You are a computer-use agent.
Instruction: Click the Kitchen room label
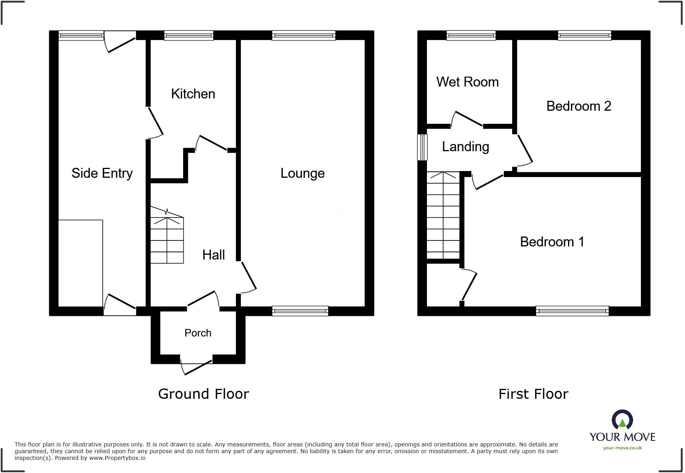click(193, 94)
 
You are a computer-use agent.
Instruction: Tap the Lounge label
click(302, 173)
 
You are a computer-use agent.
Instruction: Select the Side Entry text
click(102, 173)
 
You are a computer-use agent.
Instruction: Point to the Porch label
click(198, 333)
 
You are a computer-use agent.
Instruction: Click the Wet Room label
click(467, 82)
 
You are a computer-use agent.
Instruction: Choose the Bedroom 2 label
click(578, 106)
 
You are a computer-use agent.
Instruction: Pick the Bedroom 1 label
click(552, 242)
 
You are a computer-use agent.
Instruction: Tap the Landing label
click(465, 147)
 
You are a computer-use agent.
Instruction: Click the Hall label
click(213, 255)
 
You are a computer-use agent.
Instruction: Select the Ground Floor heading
click(203, 394)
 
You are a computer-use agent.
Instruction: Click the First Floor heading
click(533, 394)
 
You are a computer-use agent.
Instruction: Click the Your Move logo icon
click(622, 420)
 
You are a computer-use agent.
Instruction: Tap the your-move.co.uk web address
click(622, 448)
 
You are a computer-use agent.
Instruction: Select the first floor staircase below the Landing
click(443, 216)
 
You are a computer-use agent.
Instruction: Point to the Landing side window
click(423, 147)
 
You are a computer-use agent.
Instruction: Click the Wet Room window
click(471, 36)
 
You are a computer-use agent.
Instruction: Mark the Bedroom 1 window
click(572, 311)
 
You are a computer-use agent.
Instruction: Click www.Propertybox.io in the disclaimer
click(117, 458)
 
